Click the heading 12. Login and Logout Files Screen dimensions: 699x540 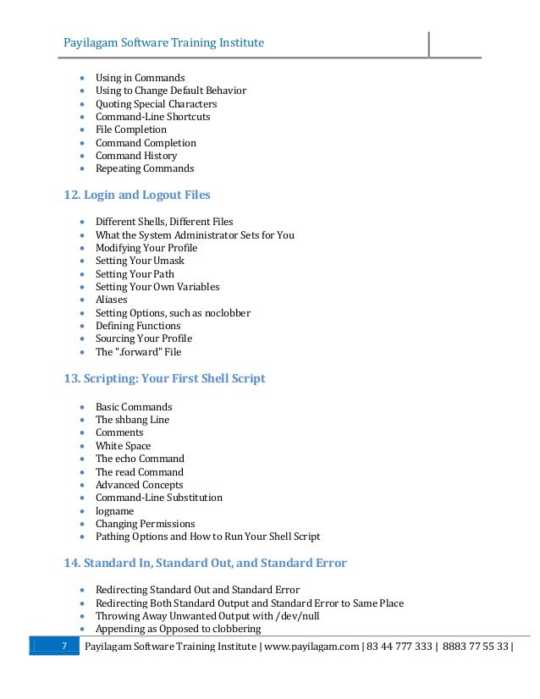137,195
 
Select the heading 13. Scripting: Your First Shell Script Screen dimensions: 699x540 164,378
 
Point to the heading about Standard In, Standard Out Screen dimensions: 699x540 205,563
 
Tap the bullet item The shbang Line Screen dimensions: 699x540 132,420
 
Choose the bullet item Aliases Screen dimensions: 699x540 112,300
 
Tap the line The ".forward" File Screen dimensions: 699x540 138,352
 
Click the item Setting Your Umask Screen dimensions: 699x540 140,261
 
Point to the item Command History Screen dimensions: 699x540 136,156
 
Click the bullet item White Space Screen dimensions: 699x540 124,446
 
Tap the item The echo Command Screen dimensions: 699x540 140,459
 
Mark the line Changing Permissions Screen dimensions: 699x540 145,524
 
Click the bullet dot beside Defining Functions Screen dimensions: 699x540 80,326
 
